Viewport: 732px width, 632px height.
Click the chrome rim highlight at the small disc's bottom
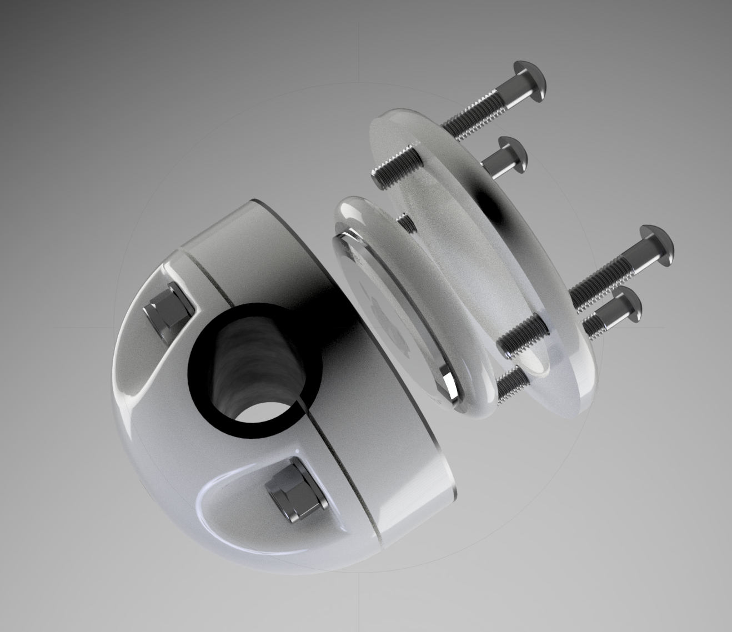[x=447, y=378]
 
